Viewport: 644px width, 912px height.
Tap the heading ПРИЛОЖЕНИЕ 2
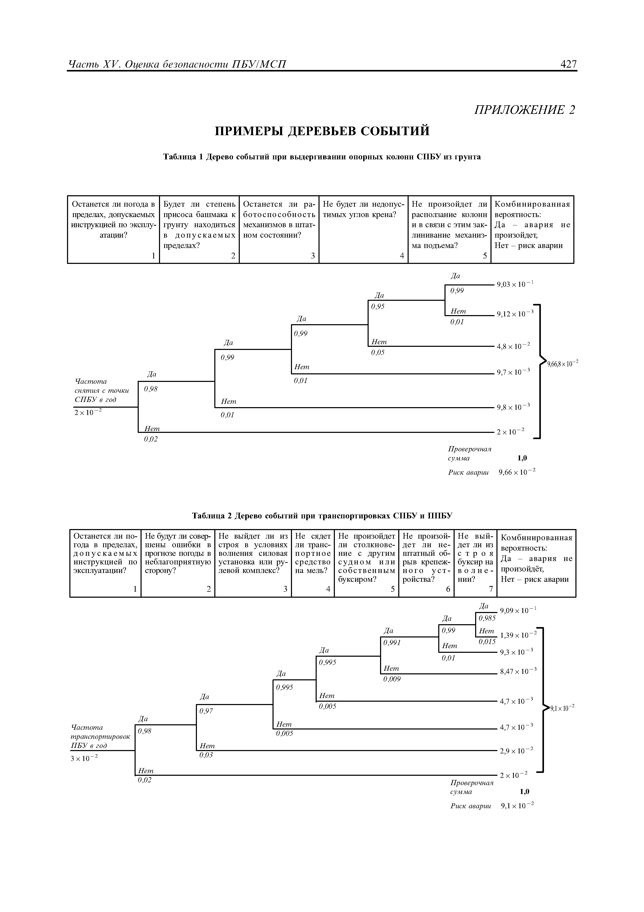pos(525,110)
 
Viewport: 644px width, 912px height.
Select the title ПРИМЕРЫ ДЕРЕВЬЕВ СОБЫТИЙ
pos(322,131)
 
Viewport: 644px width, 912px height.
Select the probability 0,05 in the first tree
pos(378,352)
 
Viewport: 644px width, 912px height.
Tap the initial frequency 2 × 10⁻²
pos(88,413)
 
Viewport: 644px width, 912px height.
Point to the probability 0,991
pos(392,642)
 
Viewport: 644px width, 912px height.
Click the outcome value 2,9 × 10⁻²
pos(516,751)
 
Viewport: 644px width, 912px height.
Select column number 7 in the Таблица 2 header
pos(490,589)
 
